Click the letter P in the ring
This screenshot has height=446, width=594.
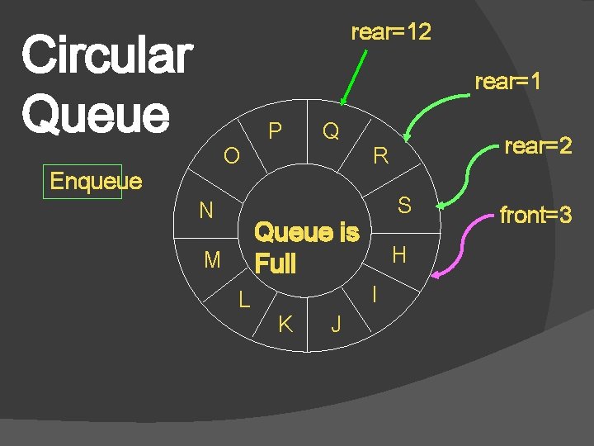tap(276, 131)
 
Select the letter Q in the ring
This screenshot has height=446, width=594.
tap(331, 131)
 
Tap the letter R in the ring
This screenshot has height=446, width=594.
tap(380, 155)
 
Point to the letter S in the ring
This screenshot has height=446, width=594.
tap(404, 206)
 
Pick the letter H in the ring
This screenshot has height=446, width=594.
tap(399, 255)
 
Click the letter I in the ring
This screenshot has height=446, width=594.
tap(375, 293)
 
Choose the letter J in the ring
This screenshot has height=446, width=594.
tap(336, 324)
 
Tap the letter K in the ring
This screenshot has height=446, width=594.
tap(285, 324)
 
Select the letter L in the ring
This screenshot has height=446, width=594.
tap(244, 300)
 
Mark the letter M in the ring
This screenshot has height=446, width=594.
tap(212, 261)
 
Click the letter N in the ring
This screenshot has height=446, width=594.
tap(206, 211)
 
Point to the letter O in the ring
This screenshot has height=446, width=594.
tap(232, 155)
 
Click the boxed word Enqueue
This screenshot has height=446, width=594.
tap(96, 181)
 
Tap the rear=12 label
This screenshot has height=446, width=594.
tap(391, 33)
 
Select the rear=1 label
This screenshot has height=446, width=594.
tap(508, 82)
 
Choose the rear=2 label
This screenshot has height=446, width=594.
tap(538, 146)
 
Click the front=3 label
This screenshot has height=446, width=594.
tap(535, 216)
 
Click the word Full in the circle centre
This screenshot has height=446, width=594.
tap(275, 264)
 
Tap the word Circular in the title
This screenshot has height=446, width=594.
tap(106, 55)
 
